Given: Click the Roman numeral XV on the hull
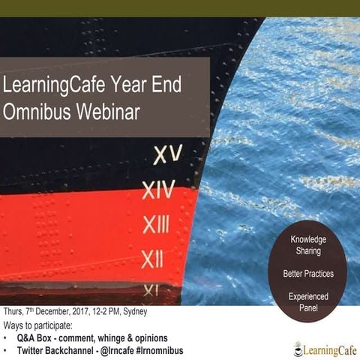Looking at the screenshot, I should (x=168, y=155).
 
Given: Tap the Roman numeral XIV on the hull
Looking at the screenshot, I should (x=160, y=190).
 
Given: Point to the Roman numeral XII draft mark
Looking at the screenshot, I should (x=152, y=259).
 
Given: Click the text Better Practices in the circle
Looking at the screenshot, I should (x=308, y=273).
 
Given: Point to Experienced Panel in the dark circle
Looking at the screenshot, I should (x=308, y=302).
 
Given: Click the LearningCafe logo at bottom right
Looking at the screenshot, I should (x=319, y=346).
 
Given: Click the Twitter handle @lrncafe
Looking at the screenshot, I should (x=113, y=350).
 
